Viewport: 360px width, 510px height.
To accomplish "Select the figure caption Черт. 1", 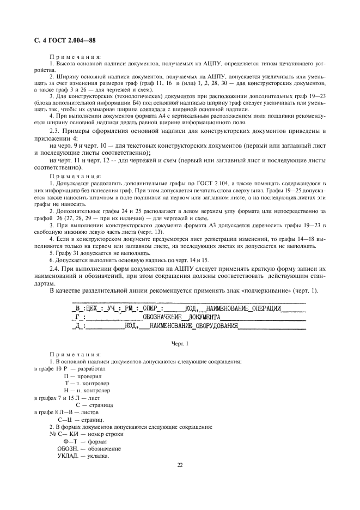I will [x=180, y=344].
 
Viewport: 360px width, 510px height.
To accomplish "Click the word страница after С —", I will [x=100, y=405].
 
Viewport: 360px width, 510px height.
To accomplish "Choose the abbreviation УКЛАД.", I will [x=68, y=456].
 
